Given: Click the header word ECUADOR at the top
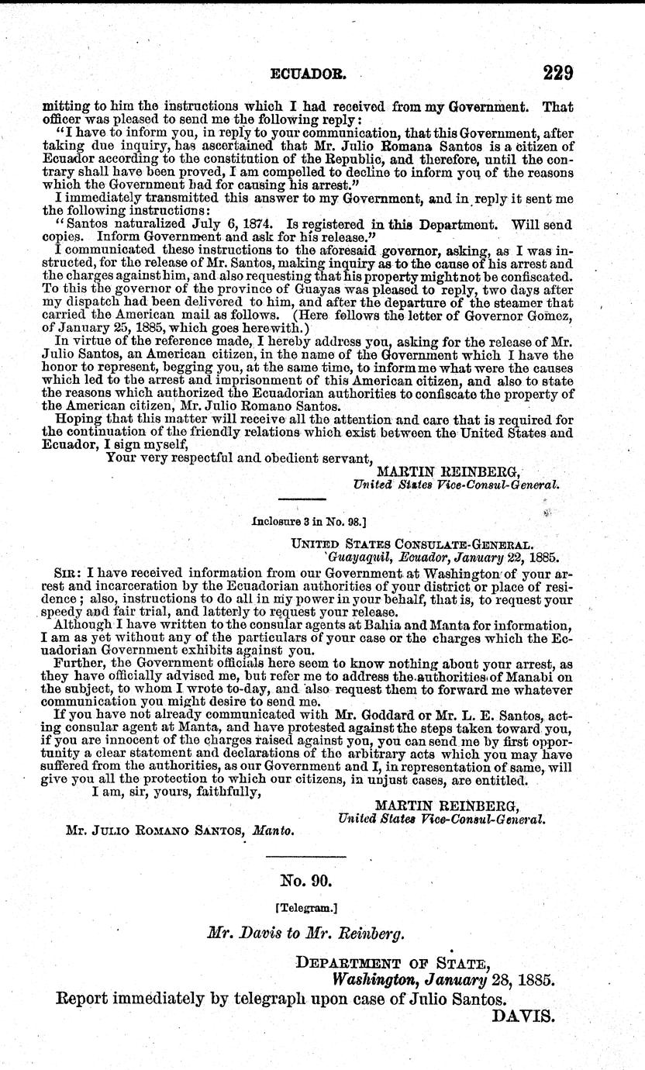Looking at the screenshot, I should pyautogui.click(x=306, y=75).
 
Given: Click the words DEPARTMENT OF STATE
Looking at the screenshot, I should pyautogui.click(x=393, y=964).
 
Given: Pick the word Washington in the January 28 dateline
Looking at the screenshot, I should pyautogui.click(x=373, y=979).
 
